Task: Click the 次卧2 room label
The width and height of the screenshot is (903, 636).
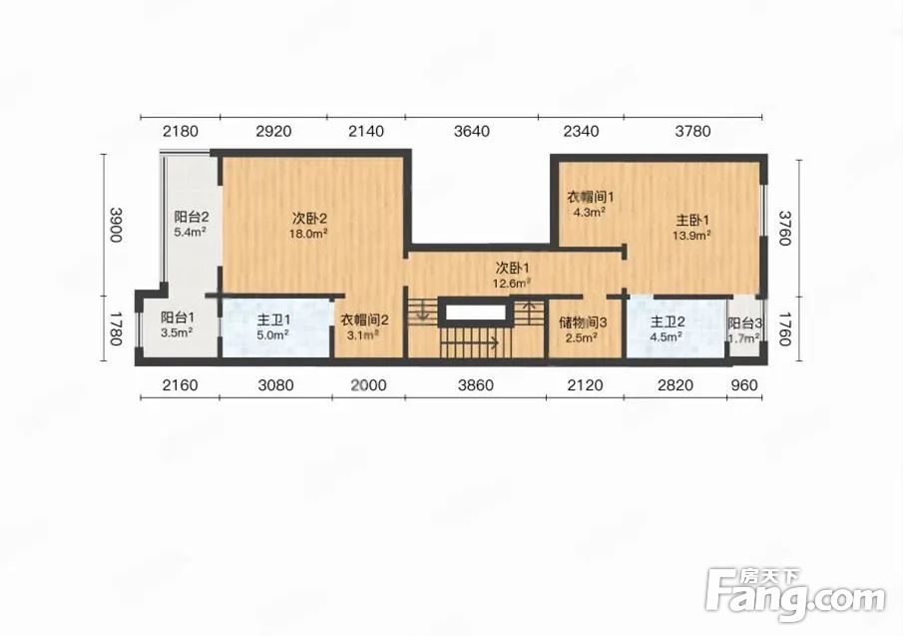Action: (310, 219)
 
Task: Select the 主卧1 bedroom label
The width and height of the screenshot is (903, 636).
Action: (691, 220)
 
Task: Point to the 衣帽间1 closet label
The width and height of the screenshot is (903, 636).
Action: (591, 197)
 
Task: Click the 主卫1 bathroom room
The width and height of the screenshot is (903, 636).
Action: (275, 326)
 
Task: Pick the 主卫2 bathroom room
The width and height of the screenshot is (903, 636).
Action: (676, 326)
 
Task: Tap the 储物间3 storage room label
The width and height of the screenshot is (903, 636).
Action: (583, 322)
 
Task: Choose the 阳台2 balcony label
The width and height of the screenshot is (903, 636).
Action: (192, 218)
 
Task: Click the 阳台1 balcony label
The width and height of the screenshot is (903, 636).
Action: (178, 318)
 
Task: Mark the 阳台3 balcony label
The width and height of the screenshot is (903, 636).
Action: (745, 323)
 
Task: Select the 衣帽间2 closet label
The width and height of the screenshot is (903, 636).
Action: (364, 319)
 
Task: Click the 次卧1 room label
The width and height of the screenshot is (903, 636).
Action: (512, 268)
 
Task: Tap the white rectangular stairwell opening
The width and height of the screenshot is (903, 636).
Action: (475, 313)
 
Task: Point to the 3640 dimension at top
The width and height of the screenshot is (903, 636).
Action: (472, 132)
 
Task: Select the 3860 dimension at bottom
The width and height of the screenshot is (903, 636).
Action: (476, 384)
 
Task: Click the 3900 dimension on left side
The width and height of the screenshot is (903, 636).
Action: (116, 225)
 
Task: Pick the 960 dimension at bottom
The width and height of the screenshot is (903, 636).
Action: (744, 384)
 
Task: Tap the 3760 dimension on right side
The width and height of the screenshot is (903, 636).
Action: (785, 228)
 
